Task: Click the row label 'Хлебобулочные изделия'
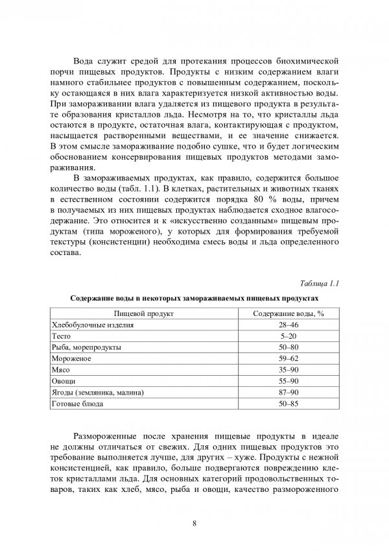coord(93,324)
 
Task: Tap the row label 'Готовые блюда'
coord(76,404)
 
